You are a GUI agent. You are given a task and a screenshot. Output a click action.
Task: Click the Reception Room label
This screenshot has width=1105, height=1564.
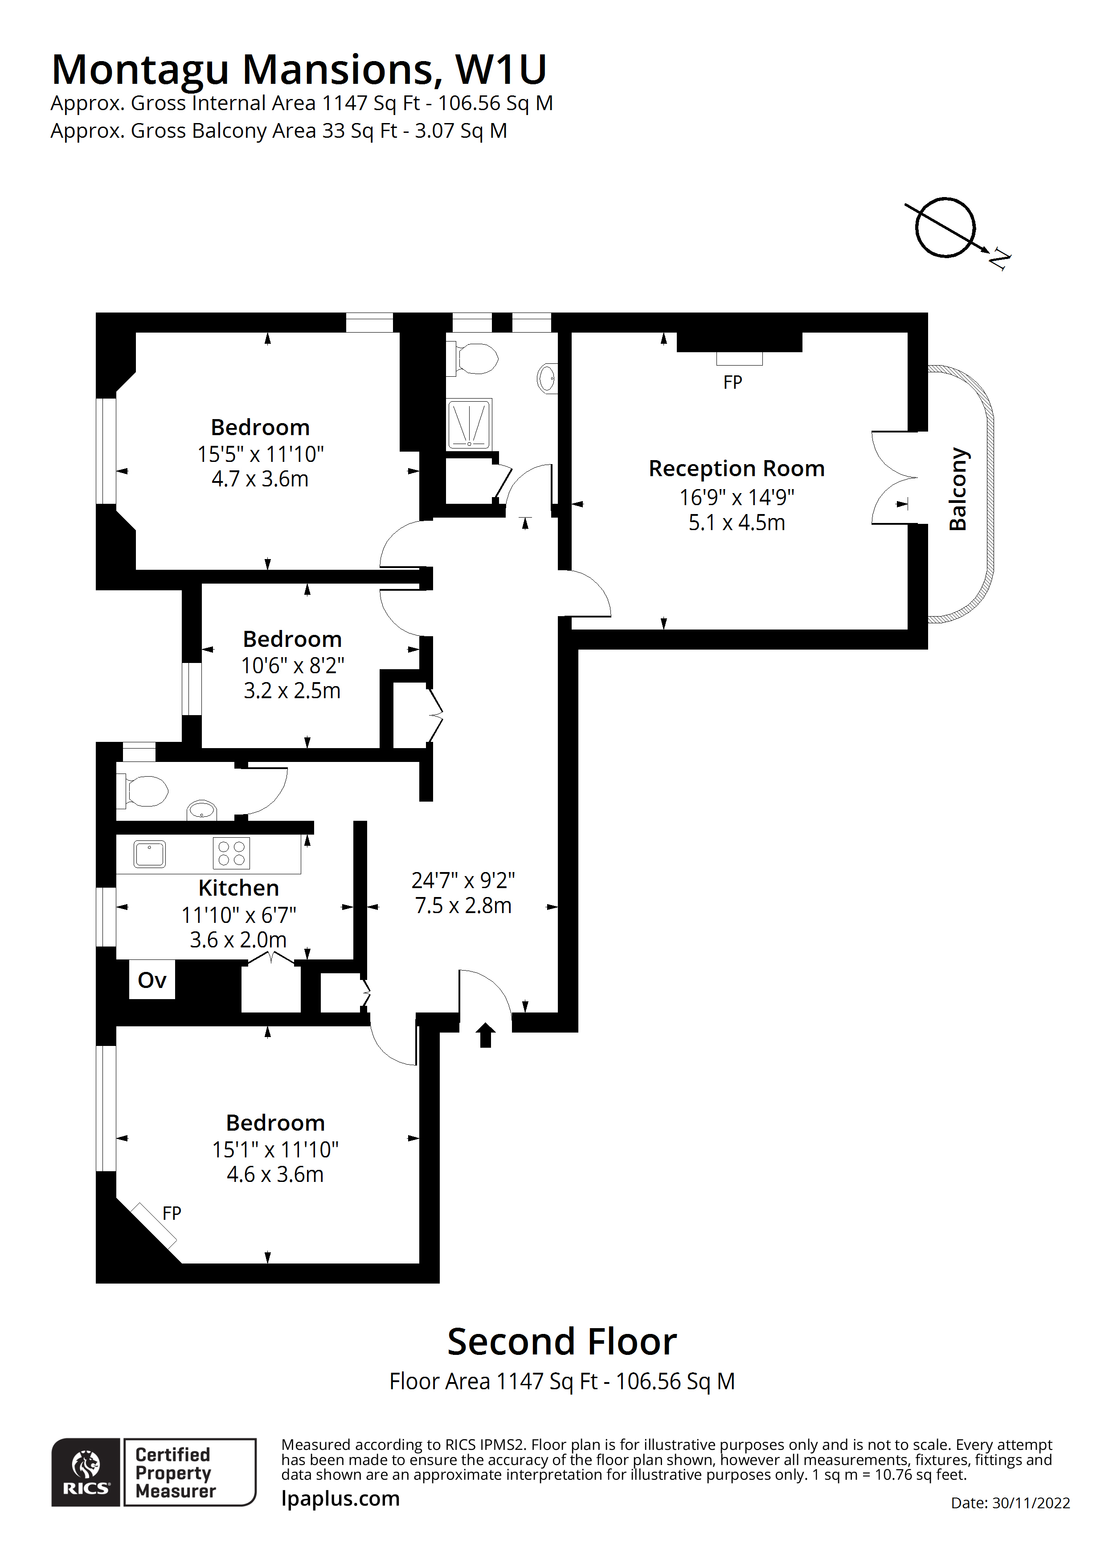(x=736, y=469)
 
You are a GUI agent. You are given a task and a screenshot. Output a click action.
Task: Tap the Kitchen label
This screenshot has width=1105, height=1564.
(x=238, y=888)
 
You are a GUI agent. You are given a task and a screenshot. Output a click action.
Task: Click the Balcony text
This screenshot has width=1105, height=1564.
(x=958, y=489)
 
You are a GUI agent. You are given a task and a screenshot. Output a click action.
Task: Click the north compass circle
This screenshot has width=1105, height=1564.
(x=945, y=227)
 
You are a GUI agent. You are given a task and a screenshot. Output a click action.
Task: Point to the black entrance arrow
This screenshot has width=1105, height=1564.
(x=485, y=1035)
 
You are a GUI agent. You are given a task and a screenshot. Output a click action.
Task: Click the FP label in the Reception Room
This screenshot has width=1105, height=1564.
(x=733, y=383)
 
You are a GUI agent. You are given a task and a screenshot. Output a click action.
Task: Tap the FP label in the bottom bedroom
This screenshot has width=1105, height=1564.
(x=172, y=1213)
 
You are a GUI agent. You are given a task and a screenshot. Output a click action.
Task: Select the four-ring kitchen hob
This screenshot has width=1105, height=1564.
(x=232, y=853)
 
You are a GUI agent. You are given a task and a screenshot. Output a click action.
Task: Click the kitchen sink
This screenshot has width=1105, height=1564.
(x=149, y=853)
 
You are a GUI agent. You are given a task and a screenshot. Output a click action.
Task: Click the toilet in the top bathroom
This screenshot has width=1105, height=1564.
(x=475, y=359)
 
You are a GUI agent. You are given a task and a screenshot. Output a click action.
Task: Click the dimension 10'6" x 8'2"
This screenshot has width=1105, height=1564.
(x=292, y=666)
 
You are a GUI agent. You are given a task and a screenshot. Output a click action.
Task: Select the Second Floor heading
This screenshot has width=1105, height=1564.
(x=562, y=1342)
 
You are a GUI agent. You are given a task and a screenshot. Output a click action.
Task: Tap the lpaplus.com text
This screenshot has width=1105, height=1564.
(x=340, y=1498)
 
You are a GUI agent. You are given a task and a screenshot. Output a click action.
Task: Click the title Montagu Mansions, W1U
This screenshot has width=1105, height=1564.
(x=299, y=70)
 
